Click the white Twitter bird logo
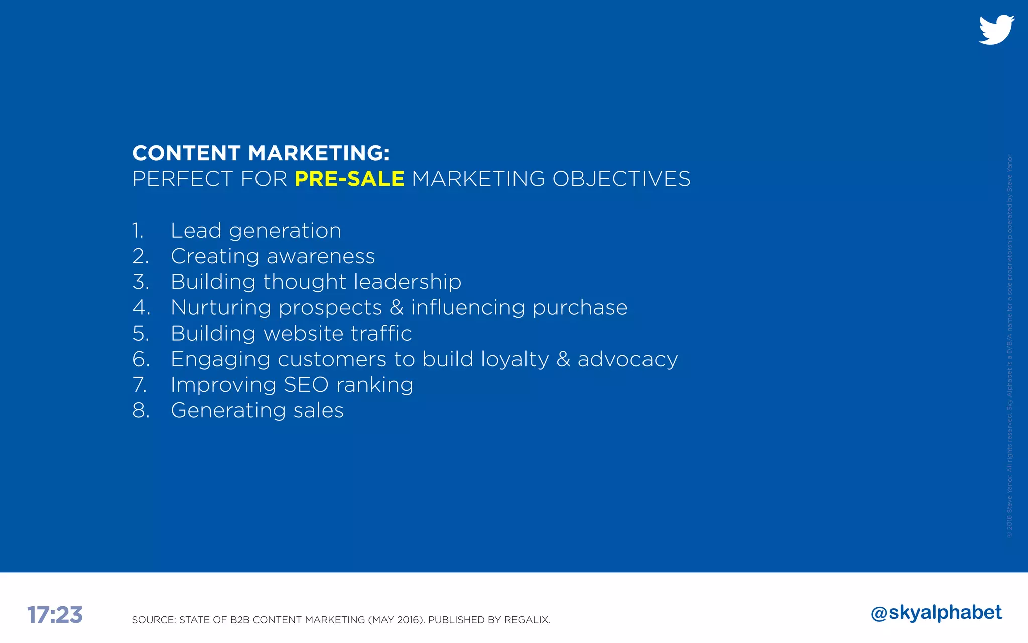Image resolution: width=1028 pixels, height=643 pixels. click(x=996, y=30)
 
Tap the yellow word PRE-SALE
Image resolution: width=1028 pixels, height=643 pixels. click(x=349, y=179)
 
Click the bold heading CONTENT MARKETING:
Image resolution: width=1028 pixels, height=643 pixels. click(x=261, y=153)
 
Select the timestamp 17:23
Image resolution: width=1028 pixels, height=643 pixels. click(x=55, y=615)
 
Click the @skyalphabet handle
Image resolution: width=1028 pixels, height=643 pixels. click(x=937, y=613)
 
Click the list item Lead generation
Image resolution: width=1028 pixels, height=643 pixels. click(x=255, y=231)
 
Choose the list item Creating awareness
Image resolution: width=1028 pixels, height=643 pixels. click(x=273, y=256)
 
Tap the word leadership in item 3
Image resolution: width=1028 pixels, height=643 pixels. click(x=407, y=282)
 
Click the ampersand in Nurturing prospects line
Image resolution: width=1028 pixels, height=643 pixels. click(x=397, y=307)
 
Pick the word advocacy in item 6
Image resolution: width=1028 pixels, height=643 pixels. click(x=627, y=359)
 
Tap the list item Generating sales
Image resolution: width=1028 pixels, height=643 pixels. click(x=257, y=410)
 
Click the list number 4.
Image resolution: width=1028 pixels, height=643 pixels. click(x=141, y=307)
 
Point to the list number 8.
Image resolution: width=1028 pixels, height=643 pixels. click(x=141, y=410)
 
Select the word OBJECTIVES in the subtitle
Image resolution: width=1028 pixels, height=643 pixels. click(x=621, y=179)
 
